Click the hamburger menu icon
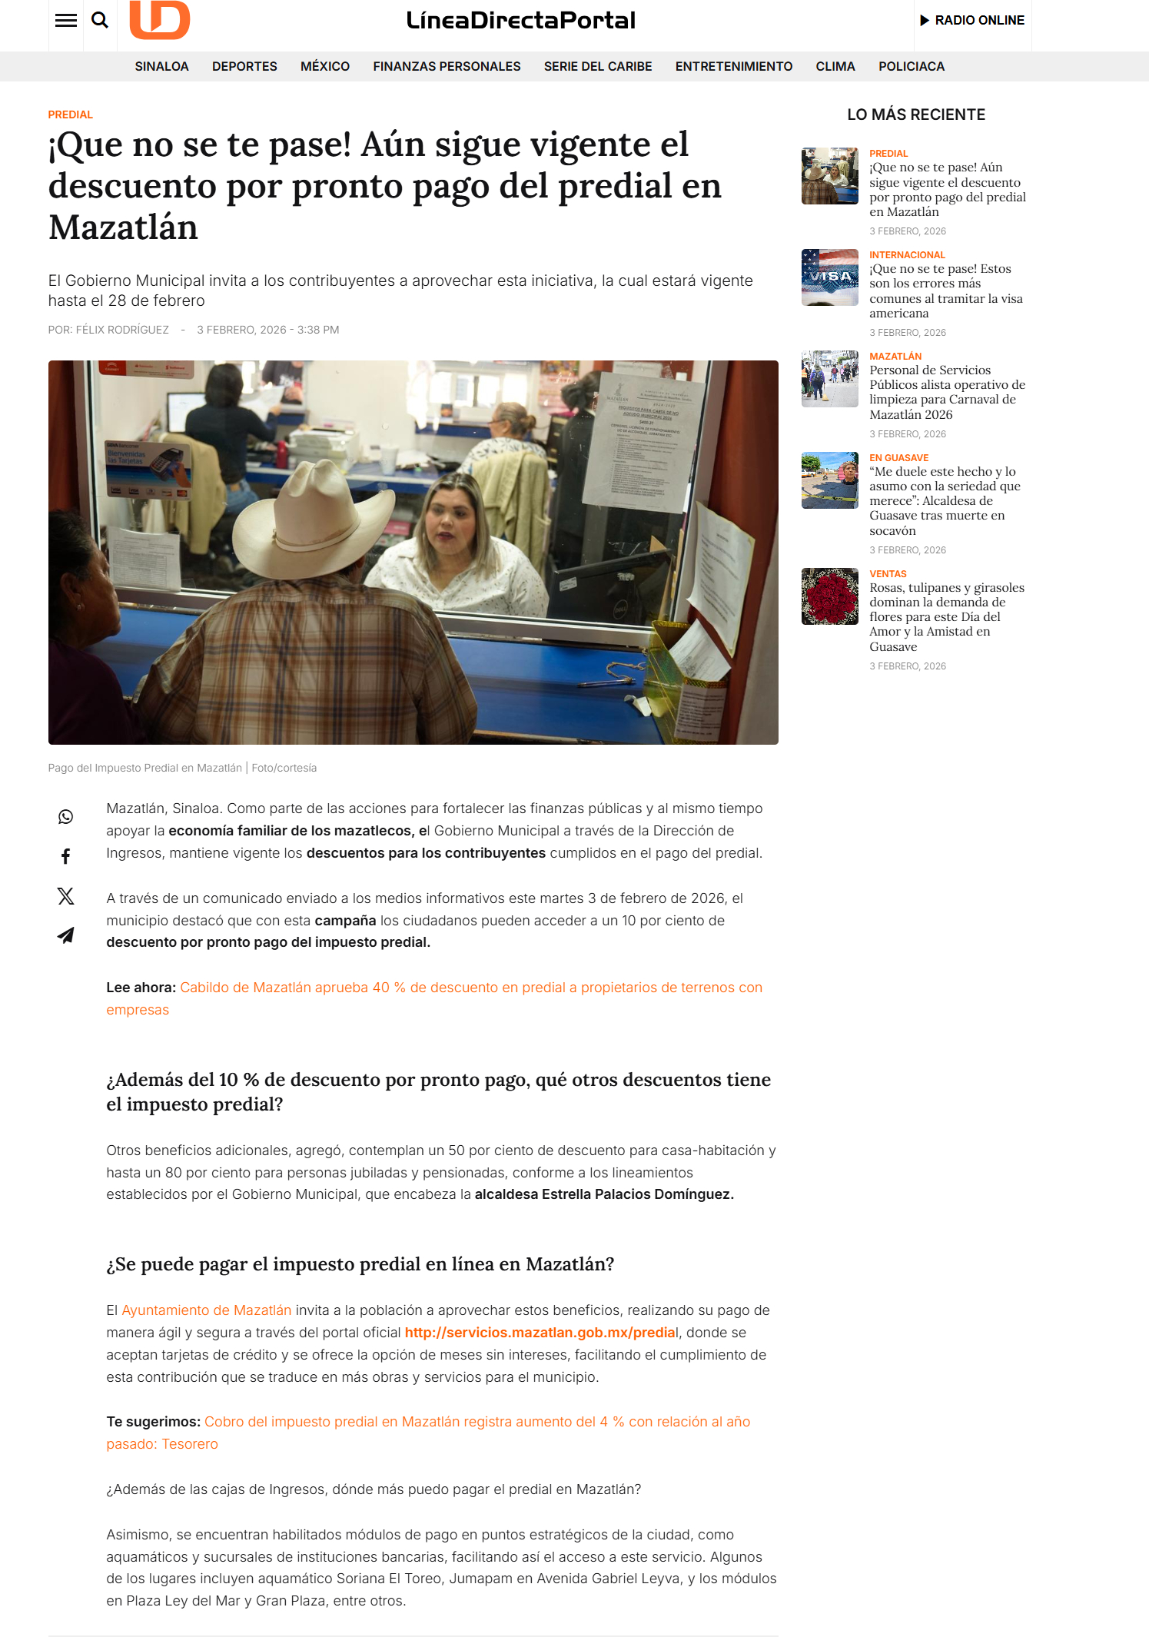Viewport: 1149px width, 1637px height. tap(66, 20)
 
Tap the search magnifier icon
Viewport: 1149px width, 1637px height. tap(100, 20)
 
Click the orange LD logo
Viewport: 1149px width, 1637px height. tap(159, 19)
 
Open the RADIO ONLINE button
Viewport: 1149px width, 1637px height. tap(972, 20)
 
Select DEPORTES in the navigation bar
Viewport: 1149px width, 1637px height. tap(244, 67)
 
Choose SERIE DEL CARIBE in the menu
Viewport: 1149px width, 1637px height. tap(598, 67)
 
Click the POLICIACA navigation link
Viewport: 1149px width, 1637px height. tap(912, 67)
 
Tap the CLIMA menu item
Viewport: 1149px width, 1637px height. tap(835, 67)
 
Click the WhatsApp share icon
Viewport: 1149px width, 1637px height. tap(66, 817)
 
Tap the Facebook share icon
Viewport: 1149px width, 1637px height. tap(66, 856)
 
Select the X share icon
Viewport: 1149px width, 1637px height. tap(66, 896)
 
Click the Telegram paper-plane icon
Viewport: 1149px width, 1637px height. tap(66, 935)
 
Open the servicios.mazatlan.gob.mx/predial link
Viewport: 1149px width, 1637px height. tap(541, 1333)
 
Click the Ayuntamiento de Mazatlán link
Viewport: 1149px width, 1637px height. tap(207, 1310)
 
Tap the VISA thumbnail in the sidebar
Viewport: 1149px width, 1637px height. tap(830, 277)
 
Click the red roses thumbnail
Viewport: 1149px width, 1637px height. tap(830, 596)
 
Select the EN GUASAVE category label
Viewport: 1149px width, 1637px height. tap(899, 458)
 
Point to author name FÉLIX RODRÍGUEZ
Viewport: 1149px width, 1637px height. tap(122, 330)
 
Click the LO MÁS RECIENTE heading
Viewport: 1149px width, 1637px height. tap(916, 115)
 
